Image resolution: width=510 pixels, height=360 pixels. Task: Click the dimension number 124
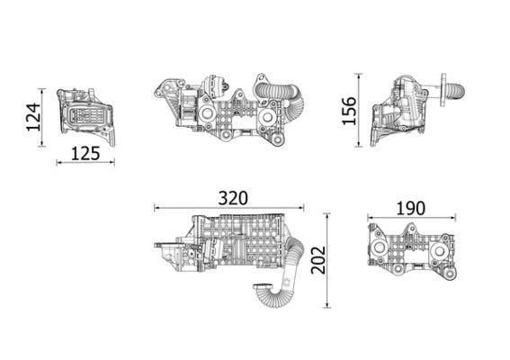point(33,117)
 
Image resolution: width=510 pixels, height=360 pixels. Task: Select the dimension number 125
point(85,152)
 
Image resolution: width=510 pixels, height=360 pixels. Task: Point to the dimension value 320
point(232,197)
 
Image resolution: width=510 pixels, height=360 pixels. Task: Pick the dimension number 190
point(409,208)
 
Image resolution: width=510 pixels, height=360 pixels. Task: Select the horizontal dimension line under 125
point(85,163)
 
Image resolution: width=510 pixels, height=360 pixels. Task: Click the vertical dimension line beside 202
point(326,260)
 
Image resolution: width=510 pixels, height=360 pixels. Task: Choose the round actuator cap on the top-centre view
point(217,88)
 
